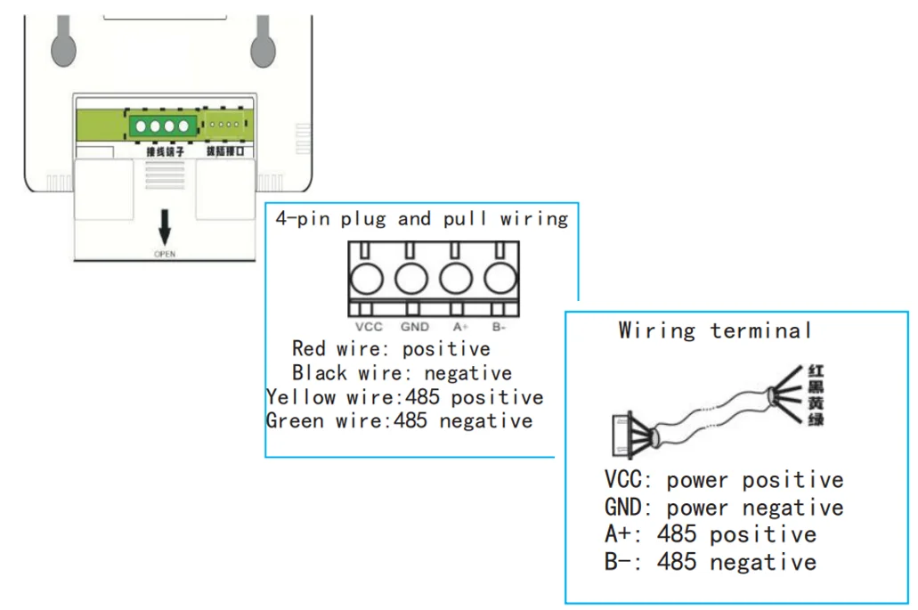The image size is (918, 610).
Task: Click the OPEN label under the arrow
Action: (165, 254)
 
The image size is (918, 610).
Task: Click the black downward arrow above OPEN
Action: (165, 229)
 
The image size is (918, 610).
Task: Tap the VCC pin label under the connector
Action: (368, 327)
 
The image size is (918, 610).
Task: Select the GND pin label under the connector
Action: (415, 327)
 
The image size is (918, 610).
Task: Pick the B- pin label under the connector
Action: (500, 327)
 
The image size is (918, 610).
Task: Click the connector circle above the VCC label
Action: (367, 280)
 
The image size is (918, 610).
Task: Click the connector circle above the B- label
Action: (500, 280)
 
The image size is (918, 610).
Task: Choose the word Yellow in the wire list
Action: (301, 396)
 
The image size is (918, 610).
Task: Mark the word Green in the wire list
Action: (295, 420)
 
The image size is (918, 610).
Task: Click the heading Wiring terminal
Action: (715, 330)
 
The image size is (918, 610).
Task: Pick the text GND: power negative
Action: (723, 508)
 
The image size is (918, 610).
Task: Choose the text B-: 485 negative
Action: (710, 562)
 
